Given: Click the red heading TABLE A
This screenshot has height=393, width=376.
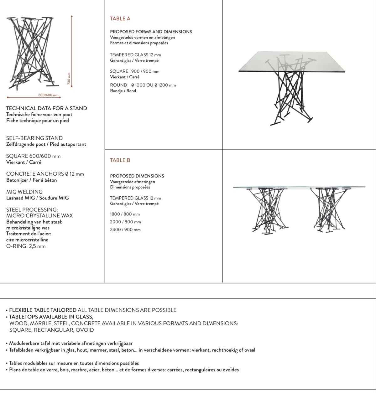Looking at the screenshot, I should tap(120, 19).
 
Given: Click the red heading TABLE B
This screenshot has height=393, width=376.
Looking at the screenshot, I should tap(120, 160).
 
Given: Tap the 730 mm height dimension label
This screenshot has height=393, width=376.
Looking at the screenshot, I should tap(69, 78).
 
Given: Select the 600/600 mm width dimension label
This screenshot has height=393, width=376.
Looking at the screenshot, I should tap(48, 95).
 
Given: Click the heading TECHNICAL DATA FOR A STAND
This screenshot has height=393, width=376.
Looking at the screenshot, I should tap(47, 108).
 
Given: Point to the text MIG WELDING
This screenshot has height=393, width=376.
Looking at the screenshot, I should tap(24, 192).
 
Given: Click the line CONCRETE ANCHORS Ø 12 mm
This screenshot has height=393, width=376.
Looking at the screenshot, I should tap(45, 174).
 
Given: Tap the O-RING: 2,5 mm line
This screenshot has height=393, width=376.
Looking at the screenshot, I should tap(26, 246).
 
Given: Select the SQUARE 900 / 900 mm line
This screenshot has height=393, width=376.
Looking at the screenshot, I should tap(135, 71).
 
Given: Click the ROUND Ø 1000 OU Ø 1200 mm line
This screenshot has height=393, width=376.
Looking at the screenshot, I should tap(143, 85).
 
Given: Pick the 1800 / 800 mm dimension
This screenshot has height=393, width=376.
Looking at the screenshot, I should tap(125, 214).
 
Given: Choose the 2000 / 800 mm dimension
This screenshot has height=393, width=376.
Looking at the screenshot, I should tap(125, 222).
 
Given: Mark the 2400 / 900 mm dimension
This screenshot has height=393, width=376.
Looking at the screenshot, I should tap(125, 230).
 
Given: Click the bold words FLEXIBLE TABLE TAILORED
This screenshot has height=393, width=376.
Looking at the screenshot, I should tap(43, 310).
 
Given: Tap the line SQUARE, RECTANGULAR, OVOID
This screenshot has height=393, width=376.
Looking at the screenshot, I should tap(51, 330).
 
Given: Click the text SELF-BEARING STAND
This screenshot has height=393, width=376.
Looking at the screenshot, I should tap(34, 138).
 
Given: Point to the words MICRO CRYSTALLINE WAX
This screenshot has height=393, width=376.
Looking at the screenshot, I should tap(39, 215).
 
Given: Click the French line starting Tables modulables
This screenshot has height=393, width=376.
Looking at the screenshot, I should tap(74, 363).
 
